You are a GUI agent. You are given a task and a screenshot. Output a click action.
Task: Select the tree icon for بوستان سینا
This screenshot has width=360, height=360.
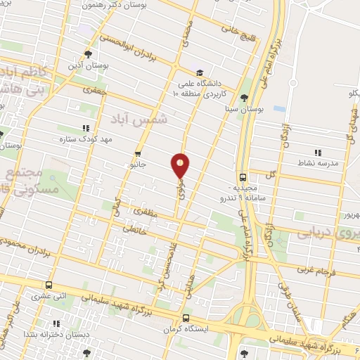click(x=244, y=98)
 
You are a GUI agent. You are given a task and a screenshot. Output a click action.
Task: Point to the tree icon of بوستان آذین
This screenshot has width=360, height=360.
click(x=87, y=53)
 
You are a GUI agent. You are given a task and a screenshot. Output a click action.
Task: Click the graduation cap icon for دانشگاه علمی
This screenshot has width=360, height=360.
click(x=199, y=72)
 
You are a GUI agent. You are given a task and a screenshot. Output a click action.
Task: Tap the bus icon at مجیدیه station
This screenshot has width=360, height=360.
click(x=243, y=177)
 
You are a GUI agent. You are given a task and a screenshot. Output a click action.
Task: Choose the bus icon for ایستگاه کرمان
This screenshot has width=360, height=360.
click(x=186, y=316)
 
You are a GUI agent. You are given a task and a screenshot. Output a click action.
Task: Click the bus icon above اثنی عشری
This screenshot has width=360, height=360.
click(x=49, y=285)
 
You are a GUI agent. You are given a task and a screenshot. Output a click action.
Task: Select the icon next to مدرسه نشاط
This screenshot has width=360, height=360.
click(x=318, y=152)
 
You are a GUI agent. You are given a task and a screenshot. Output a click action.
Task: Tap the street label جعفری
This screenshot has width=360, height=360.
click(x=96, y=90)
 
